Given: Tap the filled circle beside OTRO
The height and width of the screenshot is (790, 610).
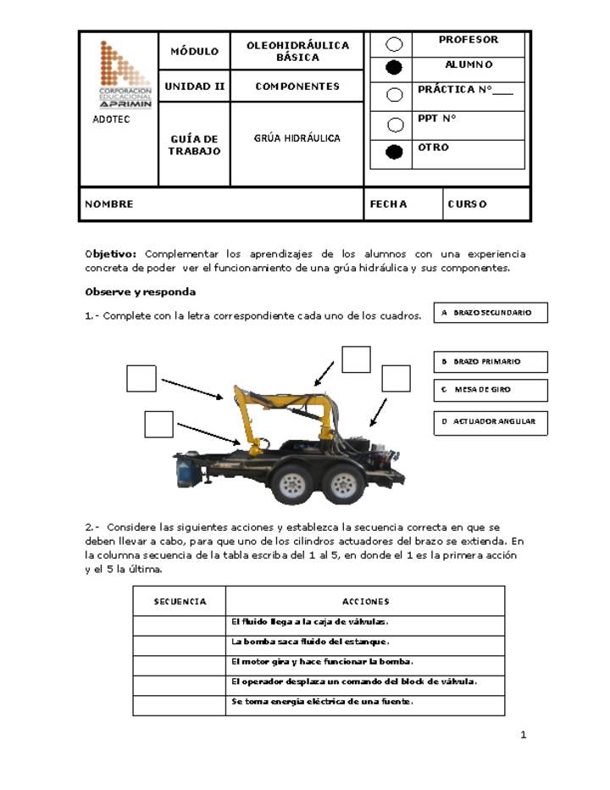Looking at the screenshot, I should (x=394, y=153).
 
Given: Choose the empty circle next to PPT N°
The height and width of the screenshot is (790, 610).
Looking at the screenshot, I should (x=394, y=125).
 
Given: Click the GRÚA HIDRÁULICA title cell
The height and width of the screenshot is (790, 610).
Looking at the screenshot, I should (x=297, y=138).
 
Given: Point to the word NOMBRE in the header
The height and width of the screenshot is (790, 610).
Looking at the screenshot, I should (x=109, y=204).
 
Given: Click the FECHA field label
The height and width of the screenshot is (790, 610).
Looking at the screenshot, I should (x=388, y=204).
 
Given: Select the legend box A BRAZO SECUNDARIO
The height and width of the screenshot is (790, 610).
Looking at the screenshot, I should (x=491, y=313).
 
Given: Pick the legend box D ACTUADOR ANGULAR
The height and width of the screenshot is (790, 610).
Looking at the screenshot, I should (x=491, y=421).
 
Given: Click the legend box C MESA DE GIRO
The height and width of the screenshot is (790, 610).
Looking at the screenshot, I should (x=491, y=391).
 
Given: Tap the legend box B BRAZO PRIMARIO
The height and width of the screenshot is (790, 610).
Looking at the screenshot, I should (x=491, y=362).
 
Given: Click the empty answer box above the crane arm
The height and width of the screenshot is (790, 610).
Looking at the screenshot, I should (x=356, y=359).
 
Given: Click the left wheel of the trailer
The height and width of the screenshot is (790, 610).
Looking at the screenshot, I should (x=291, y=484).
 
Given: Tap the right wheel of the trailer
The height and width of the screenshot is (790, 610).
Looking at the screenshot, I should (x=343, y=484).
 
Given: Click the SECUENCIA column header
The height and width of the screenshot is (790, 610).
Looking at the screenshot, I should (x=180, y=602).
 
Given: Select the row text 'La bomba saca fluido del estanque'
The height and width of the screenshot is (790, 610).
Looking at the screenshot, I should (x=310, y=642).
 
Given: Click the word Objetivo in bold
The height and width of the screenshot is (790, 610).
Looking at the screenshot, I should (x=110, y=254).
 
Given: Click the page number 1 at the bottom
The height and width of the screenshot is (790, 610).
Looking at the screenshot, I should (x=524, y=735).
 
